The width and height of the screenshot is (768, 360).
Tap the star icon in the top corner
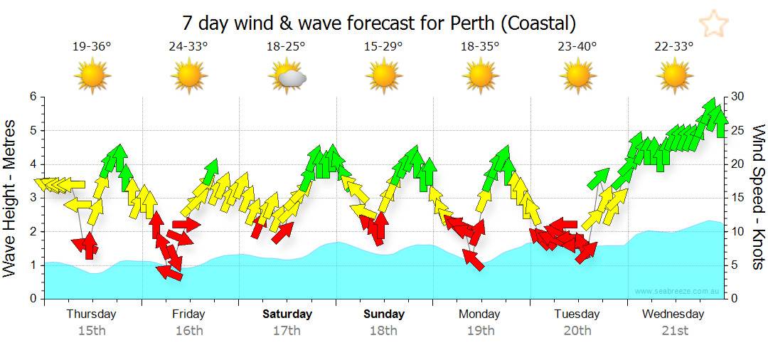pyautogui.click(x=713, y=24)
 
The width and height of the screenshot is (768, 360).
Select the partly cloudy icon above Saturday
pyautogui.click(x=287, y=75)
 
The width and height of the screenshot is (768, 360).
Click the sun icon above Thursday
pyautogui.click(x=92, y=75)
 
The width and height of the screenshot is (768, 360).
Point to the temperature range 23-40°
pyautogui.click(x=577, y=47)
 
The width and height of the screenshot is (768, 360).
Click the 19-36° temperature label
pyautogui.click(x=92, y=47)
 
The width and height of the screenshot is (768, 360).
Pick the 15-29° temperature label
pyautogui.click(x=383, y=47)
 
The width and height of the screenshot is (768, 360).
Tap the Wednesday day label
pyautogui.click(x=673, y=314)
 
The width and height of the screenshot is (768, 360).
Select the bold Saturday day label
pyautogui.click(x=287, y=314)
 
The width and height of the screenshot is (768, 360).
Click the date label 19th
pyautogui.click(x=481, y=330)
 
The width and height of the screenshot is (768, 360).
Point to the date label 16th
pyautogui.click(x=189, y=330)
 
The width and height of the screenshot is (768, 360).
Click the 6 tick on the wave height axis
pyautogui.click(x=33, y=97)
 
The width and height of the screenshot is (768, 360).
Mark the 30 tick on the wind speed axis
pyautogui.click(x=738, y=97)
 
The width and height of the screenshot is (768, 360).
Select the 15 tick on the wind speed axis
pyautogui.click(x=738, y=198)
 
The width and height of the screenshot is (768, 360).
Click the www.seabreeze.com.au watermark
pyautogui.click(x=676, y=291)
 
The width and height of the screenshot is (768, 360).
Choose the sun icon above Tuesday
pyautogui.click(x=577, y=75)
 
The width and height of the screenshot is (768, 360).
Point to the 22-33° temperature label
pyautogui.click(x=673, y=47)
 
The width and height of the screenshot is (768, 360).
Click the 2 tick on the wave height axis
pyautogui.click(x=33, y=232)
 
